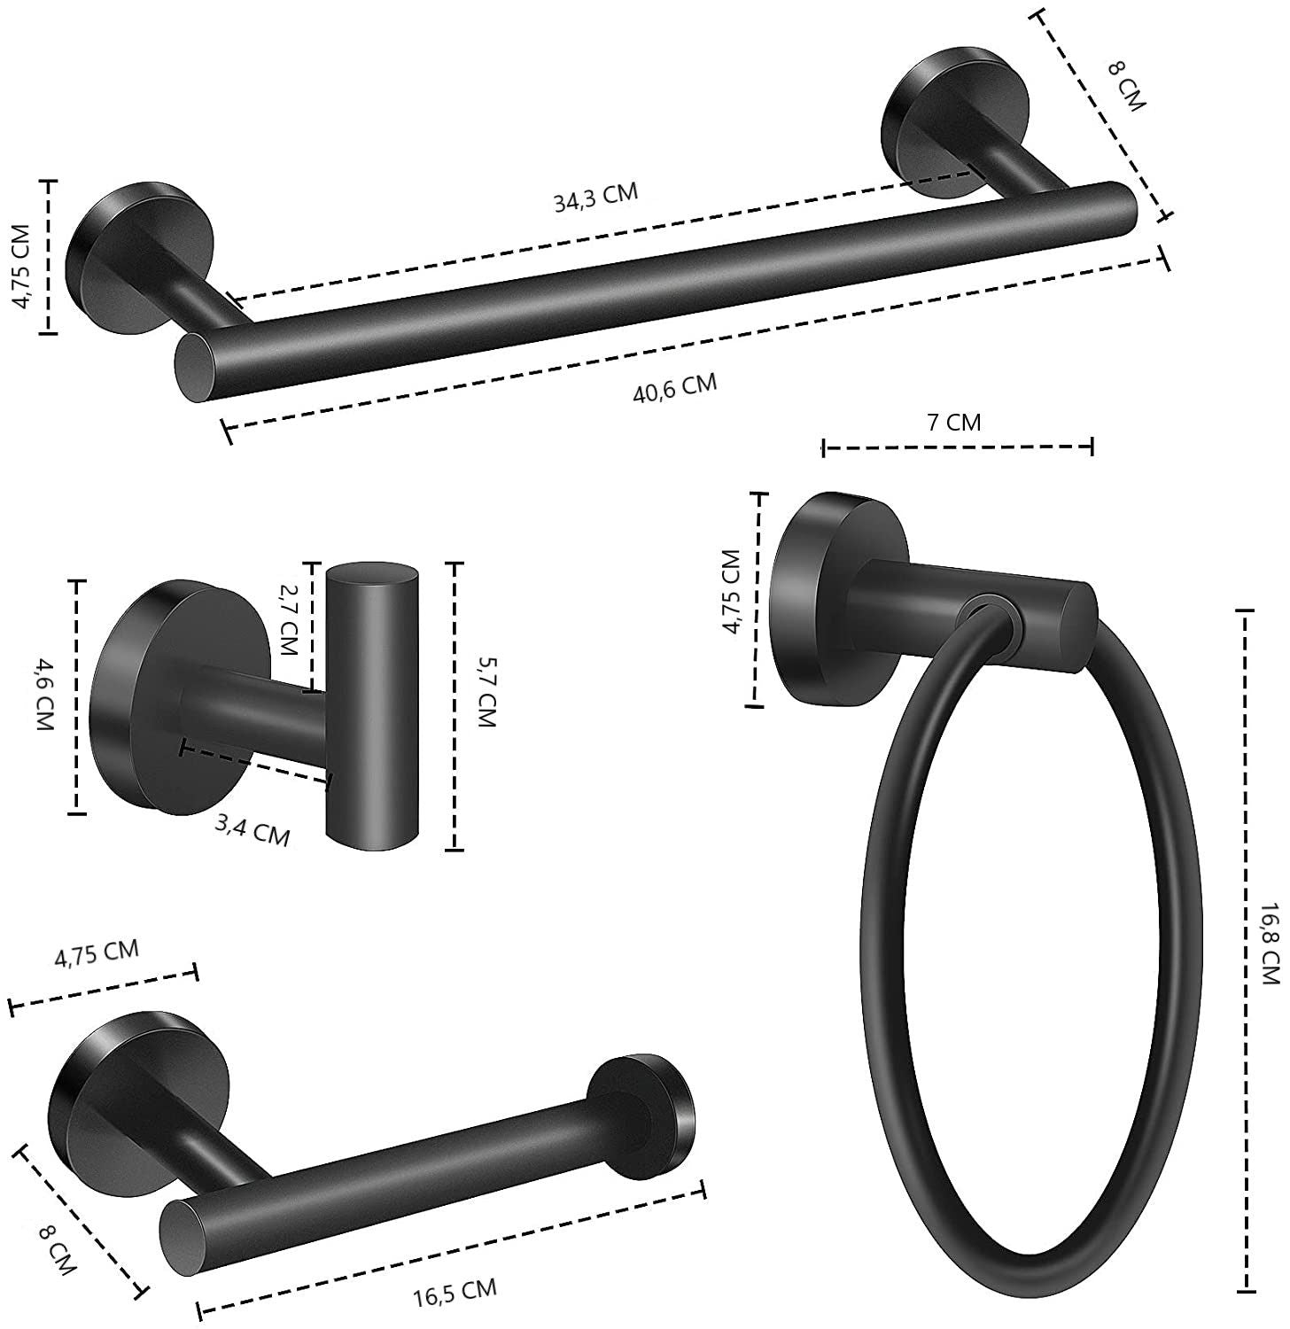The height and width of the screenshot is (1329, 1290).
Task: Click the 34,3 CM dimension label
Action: click(595, 198)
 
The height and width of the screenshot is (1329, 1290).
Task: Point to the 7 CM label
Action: click(953, 422)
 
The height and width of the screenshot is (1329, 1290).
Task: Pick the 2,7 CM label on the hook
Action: click(286, 617)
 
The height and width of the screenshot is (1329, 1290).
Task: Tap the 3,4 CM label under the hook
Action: click(253, 830)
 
